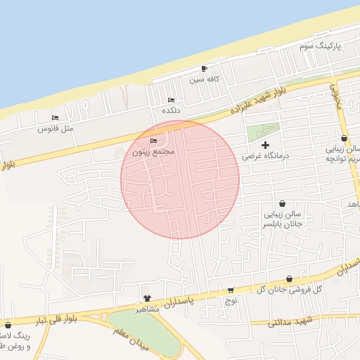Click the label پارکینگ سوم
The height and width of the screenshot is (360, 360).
pyautogui.click(x=319, y=46)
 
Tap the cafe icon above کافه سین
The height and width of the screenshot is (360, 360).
pyautogui.click(x=205, y=68)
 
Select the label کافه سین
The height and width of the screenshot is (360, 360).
pyautogui.click(x=205, y=79)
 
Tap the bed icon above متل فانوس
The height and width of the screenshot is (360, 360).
pyautogui.click(x=56, y=117)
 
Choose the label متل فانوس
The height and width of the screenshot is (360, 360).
pyautogui.click(x=56, y=129)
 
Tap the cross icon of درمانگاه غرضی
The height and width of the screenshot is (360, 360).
pyautogui.click(x=264, y=144)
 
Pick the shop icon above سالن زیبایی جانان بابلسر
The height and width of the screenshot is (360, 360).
pyautogui.click(x=282, y=202)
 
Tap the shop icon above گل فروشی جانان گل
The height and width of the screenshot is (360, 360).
pyautogui.click(x=289, y=278)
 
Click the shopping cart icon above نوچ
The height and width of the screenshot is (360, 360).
pyautogui.click(x=231, y=290)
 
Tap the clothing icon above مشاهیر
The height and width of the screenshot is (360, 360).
pyautogui.click(x=147, y=298)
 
